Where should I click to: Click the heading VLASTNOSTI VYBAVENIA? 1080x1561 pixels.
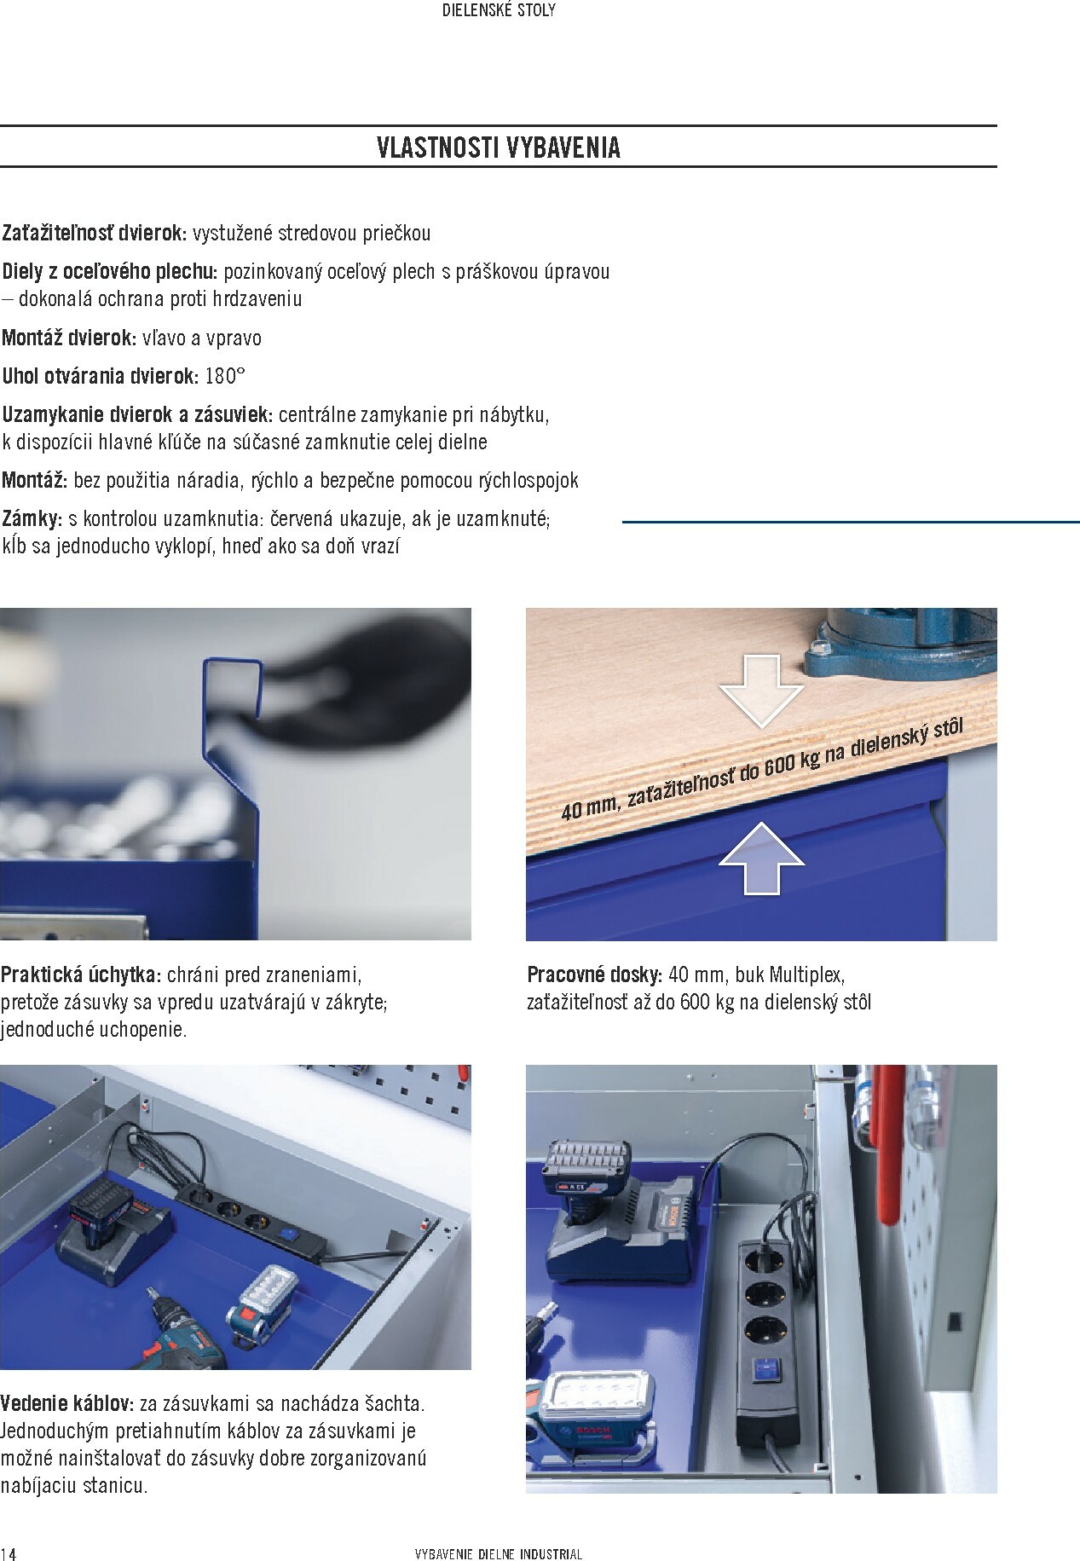(499, 147)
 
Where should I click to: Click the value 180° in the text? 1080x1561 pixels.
(225, 376)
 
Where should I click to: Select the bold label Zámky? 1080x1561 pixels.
(32, 518)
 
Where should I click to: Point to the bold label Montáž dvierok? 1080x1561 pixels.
(69, 338)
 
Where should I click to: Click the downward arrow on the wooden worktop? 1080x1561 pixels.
(761, 691)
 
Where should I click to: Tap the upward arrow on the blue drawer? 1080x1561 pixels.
(761, 859)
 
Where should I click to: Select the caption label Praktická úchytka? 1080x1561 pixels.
(81, 974)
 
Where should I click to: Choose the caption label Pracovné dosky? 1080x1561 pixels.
(595, 974)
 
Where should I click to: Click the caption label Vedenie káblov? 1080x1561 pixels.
(67, 1402)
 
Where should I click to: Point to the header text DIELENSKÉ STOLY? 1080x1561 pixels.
(500, 11)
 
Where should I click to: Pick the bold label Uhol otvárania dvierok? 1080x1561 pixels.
(101, 376)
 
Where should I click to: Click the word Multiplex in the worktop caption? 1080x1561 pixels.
(806, 974)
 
